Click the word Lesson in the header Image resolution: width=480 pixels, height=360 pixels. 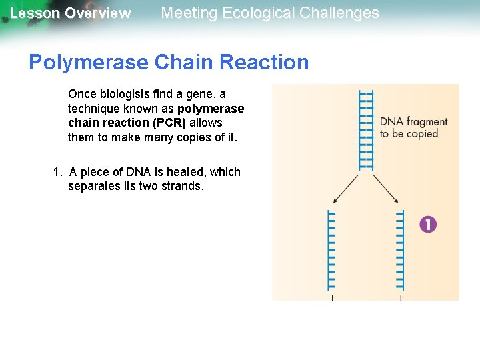[35, 13]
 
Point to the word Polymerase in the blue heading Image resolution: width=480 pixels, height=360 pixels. [89, 62]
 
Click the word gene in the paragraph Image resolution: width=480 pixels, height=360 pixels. [205, 94]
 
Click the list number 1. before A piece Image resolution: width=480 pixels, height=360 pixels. [58, 171]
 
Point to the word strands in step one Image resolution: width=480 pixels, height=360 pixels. [179, 186]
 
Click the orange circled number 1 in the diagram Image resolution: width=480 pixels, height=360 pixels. [428, 224]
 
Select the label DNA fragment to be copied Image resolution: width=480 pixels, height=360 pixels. [413, 127]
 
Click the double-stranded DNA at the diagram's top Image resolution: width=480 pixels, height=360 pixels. [366, 130]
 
